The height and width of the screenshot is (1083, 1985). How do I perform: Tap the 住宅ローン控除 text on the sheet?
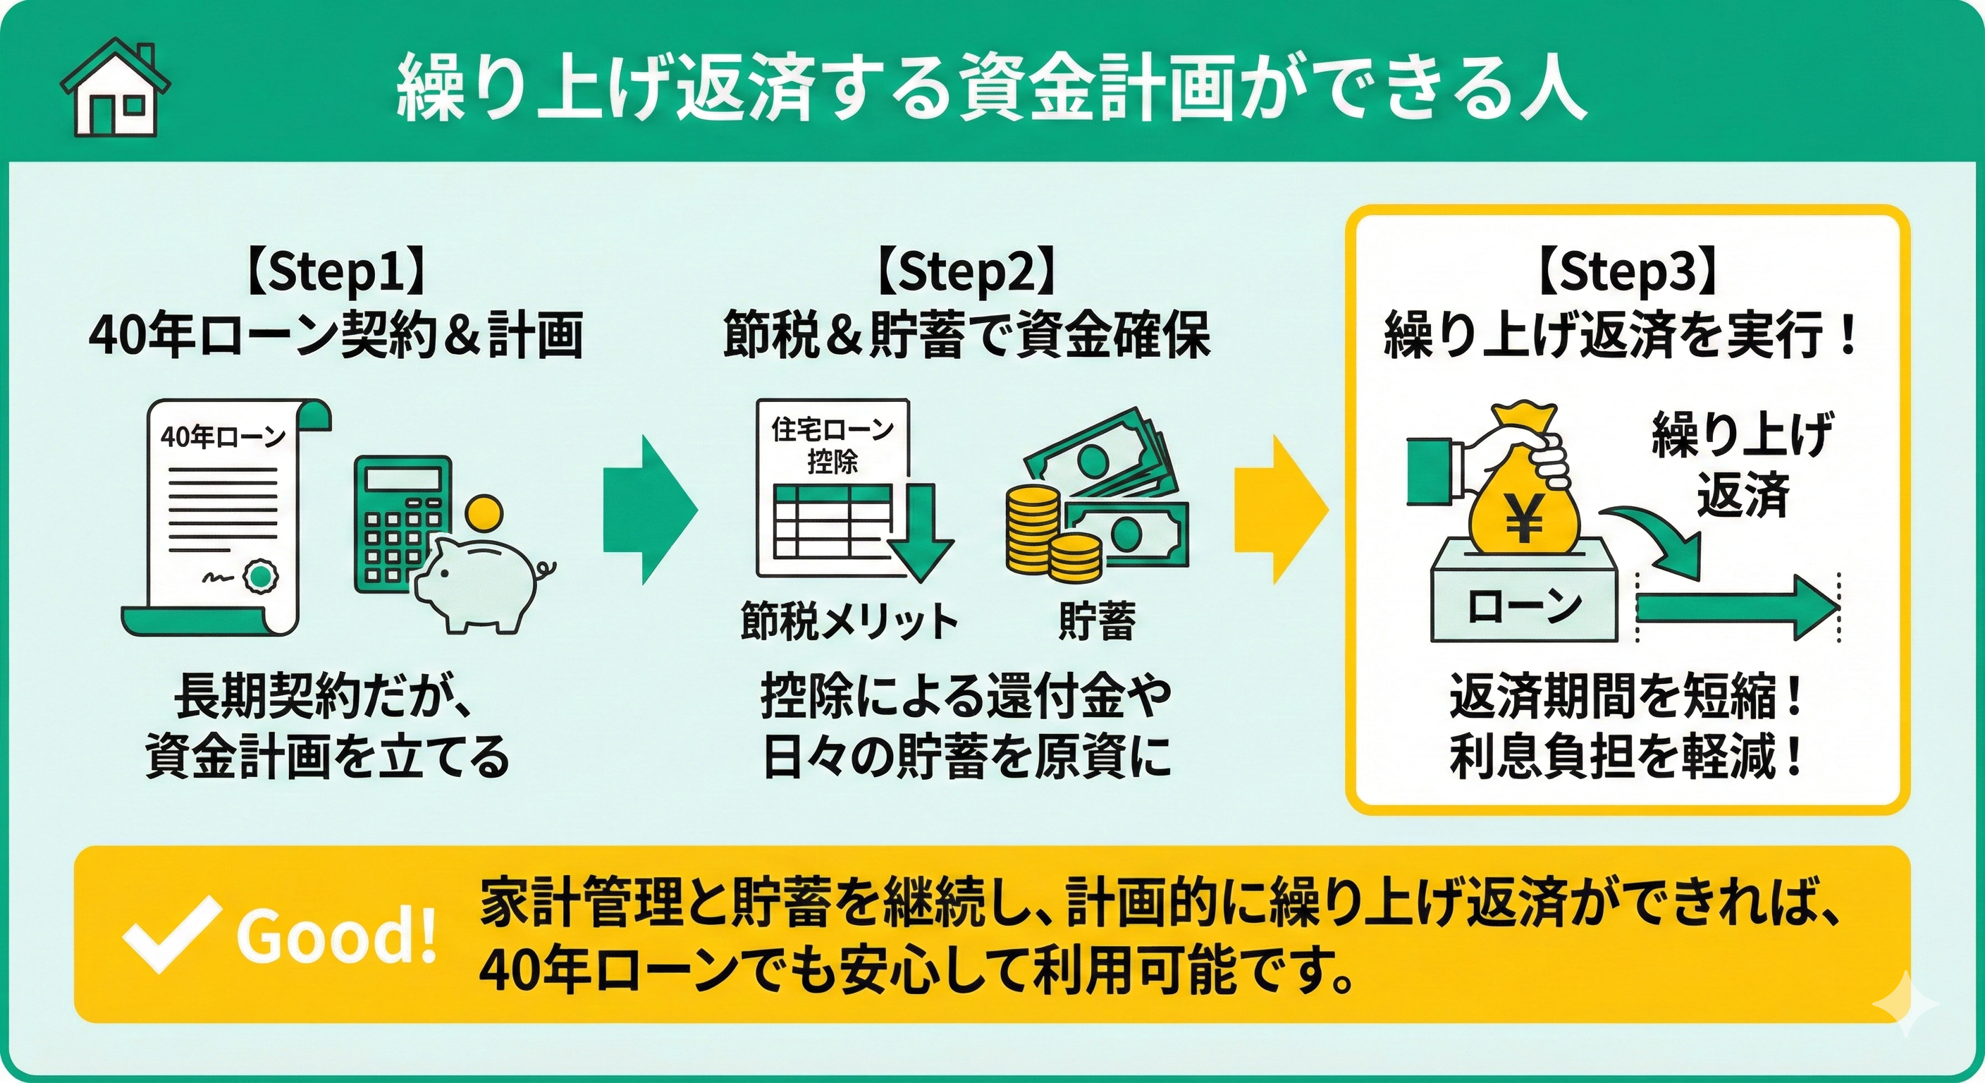click(832, 446)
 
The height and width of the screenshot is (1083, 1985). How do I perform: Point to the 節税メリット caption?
click(849, 621)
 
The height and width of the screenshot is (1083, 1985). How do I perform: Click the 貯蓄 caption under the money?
click(1097, 621)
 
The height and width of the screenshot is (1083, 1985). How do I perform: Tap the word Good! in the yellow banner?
click(336, 937)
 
